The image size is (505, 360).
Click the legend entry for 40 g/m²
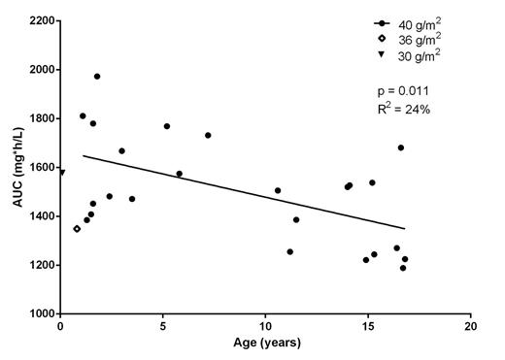point(413,21)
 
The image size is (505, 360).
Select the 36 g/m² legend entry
point(413,38)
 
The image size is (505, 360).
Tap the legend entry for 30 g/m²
point(413,54)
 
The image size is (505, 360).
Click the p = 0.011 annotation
point(401,90)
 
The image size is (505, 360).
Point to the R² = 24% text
point(404,109)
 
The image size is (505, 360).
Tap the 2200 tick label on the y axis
point(39,20)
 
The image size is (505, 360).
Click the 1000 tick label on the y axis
point(39,313)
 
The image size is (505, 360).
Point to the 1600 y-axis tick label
point(39,167)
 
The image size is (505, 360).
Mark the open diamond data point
point(77,229)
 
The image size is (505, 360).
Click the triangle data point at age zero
point(61,172)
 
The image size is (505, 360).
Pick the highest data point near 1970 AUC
point(97,77)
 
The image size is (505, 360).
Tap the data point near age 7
point(208,135)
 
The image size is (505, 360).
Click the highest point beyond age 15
point(400,147)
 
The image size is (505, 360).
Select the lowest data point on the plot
point(402,268)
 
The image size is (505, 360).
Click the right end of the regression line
point(405,229)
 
